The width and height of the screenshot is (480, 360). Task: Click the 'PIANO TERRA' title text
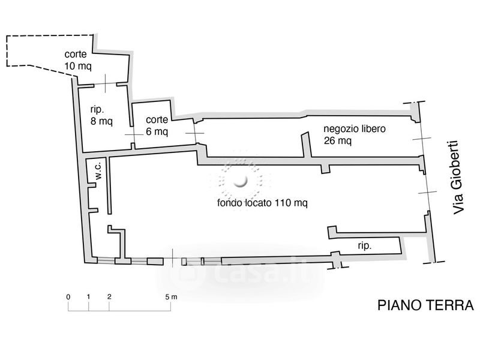pos(425,305)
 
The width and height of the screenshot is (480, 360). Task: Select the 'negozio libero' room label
pos(354,129)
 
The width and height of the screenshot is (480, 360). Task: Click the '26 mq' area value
pos(337,141)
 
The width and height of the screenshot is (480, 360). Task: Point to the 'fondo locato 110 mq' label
pos(262,203)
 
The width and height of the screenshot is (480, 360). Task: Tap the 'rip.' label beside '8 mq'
pos(98,109)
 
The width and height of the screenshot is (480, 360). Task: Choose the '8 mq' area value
pos(101,121)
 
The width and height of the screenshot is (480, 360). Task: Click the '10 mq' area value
pos(78,66)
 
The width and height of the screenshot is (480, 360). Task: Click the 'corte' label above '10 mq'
pos(76,55)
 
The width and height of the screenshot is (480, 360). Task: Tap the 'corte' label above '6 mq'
pos(157,120)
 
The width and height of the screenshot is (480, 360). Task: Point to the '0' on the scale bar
pos(68,296)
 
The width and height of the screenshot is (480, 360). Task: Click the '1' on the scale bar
pos(88,296)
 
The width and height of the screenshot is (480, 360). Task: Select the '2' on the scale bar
pos(109,296)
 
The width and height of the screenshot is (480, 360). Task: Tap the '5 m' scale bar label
pos(172,296)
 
